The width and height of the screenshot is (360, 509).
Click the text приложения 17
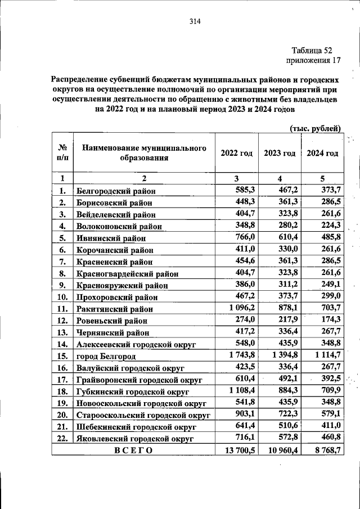(x=313, y=60)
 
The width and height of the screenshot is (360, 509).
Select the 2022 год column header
(x=236, y=154)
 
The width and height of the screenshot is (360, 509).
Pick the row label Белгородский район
(x=116, y=191)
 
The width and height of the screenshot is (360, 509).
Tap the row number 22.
(x=62, y=437)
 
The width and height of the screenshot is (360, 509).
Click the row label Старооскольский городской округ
(x=143, y=414)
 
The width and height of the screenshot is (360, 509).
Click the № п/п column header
(x=62, y=154)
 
